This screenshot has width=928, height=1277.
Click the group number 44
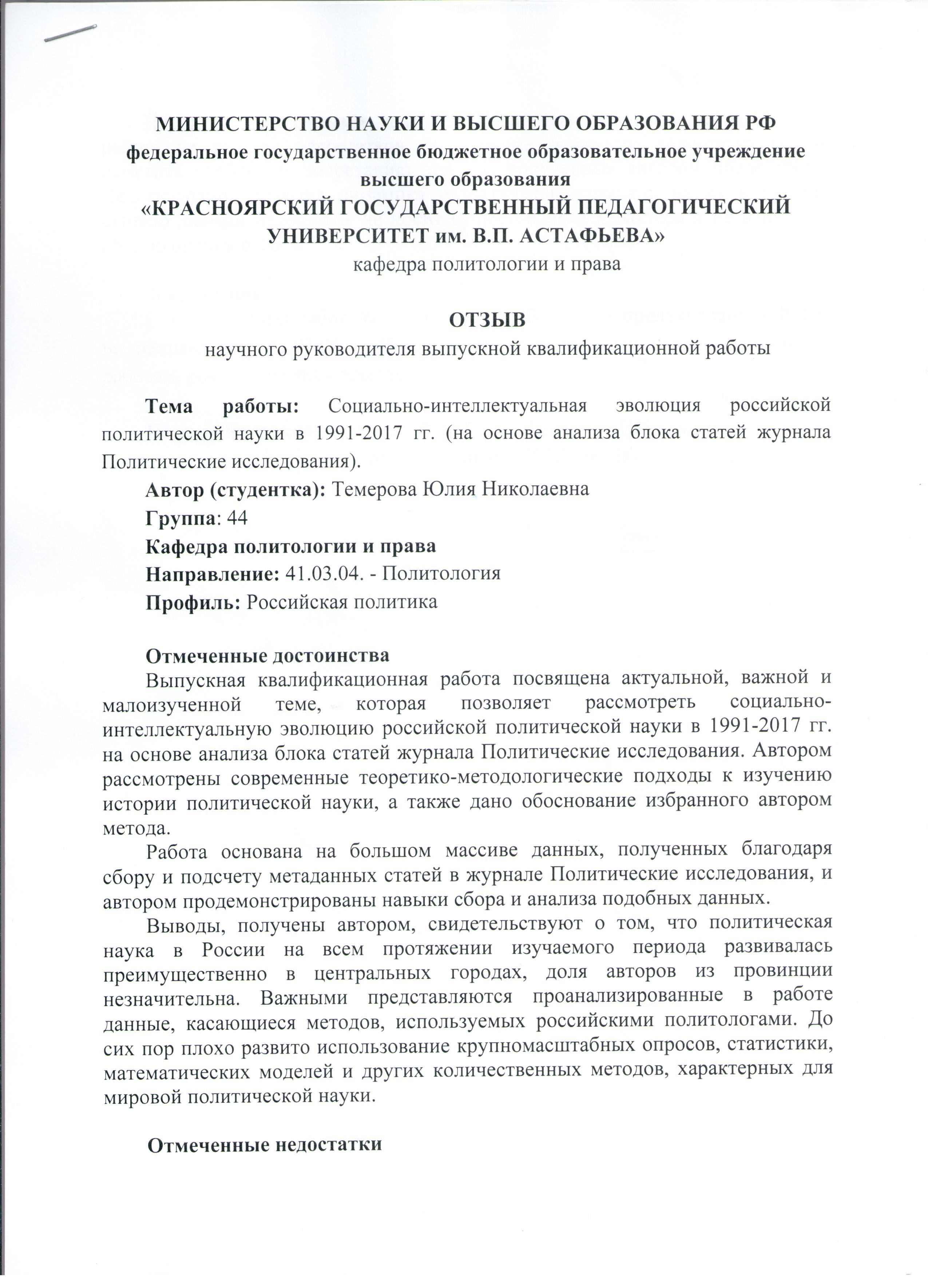pyautogui.click(x=237, y=517)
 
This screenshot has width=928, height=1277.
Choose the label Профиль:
pyautogui.click(x=194, y=602)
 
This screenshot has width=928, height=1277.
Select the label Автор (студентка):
pyautogui.click(x=235, y=489)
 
